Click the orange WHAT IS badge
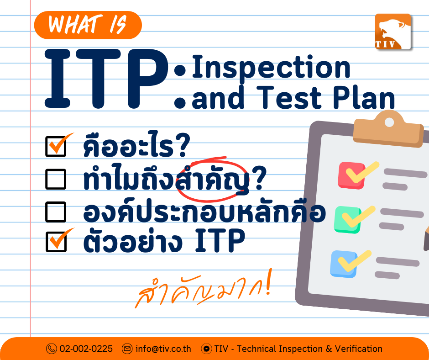click(x=88, y=25)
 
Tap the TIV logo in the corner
click(x=393, y=32)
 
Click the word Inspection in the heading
click(x=271, y=68)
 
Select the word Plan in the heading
click(x=364, y=97)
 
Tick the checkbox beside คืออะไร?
click(x=56, y=146)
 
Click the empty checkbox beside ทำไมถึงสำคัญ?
click(x=56, y=179)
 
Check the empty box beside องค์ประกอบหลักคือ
click(x=56, y=212)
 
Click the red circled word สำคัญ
click(x=213, y=180)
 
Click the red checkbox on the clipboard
click(x=351, y=175)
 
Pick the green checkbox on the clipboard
click(x=347, y=220)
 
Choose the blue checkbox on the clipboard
click(x=344, y=264)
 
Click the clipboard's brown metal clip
click(x=388, y=130)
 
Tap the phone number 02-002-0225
click(x=86, y=349)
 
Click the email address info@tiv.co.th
click(x=163, y=349)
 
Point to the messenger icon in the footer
click(x=207, y=349)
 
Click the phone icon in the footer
click(x=52, y=349)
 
